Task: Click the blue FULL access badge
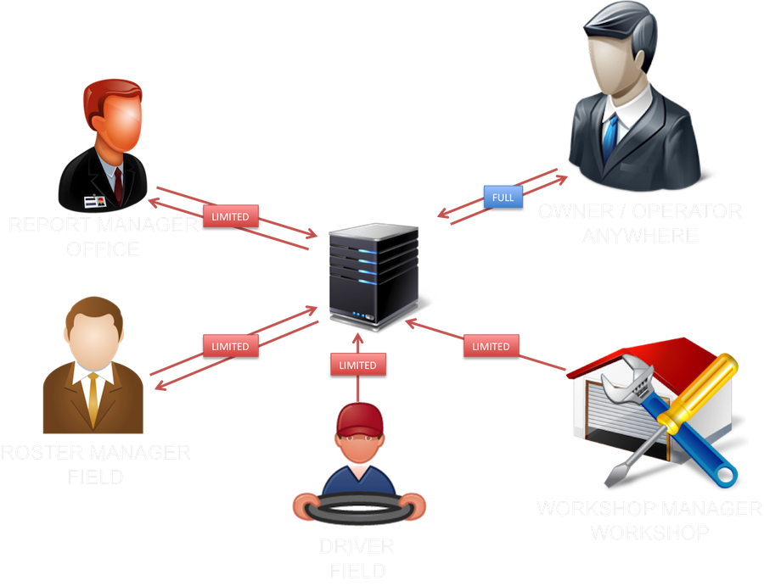(503, 198)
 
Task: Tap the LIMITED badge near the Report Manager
(231, 216)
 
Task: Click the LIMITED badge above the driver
(357, 365)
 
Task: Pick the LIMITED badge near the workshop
(491, 346)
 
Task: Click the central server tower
(374, 276)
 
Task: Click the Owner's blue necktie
(610, 135)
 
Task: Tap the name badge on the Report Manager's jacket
(93, 201)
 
